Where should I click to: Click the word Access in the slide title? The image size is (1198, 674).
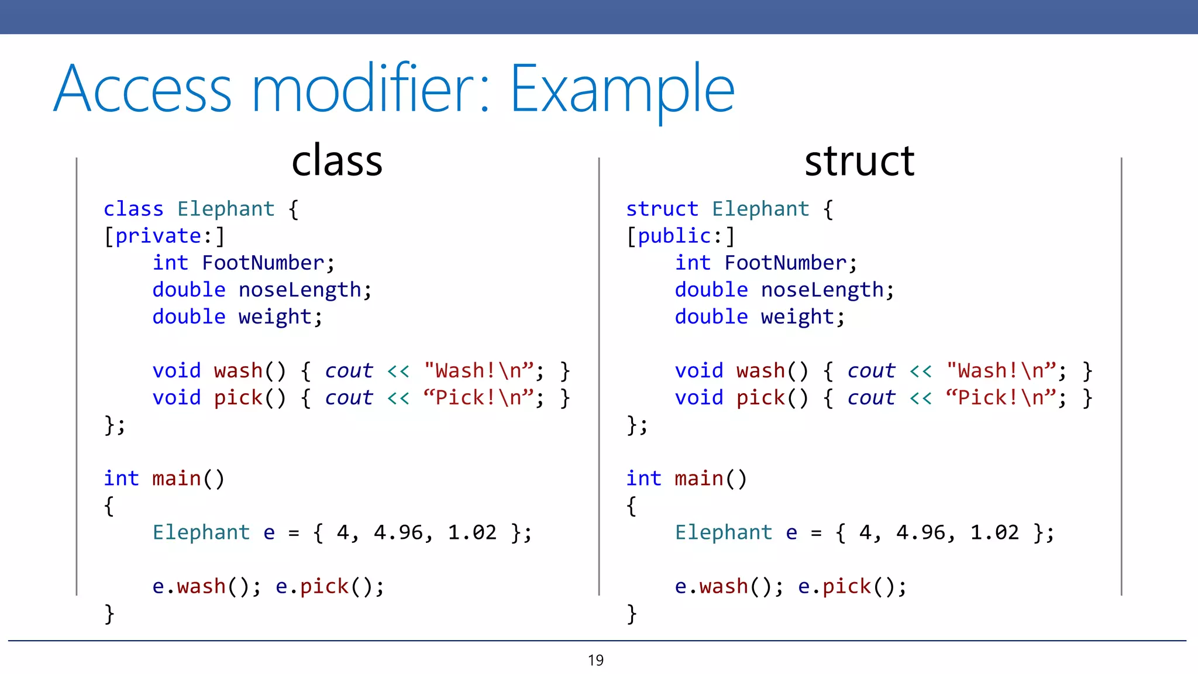(x=143, y=90)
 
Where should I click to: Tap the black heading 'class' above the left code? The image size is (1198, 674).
(x=337, y=161)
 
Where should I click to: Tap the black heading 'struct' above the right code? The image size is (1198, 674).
(x=859, y=161)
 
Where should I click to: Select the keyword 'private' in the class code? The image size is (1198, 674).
(x=158, y=236)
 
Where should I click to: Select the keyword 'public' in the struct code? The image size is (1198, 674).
(x=674, y=236)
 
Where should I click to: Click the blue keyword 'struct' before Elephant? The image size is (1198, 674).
(x=662, y=209)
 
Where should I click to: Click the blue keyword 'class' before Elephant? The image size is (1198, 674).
(x=133, y=209)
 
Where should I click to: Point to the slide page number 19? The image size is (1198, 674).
(x=595, y=661)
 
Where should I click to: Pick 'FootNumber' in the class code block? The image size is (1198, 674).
(x=263, y=263)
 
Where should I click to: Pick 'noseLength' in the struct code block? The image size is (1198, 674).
(x=822, y=290)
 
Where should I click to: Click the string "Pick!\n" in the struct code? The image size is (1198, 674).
(x=1001, y=398)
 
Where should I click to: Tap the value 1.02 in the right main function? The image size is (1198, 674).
(x=994, y=532)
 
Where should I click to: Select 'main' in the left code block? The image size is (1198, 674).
(x=176, y=479)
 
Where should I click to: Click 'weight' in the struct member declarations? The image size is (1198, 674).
(x=797, y=317)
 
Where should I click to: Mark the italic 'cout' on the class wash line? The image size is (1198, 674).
(x=349, y=371)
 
